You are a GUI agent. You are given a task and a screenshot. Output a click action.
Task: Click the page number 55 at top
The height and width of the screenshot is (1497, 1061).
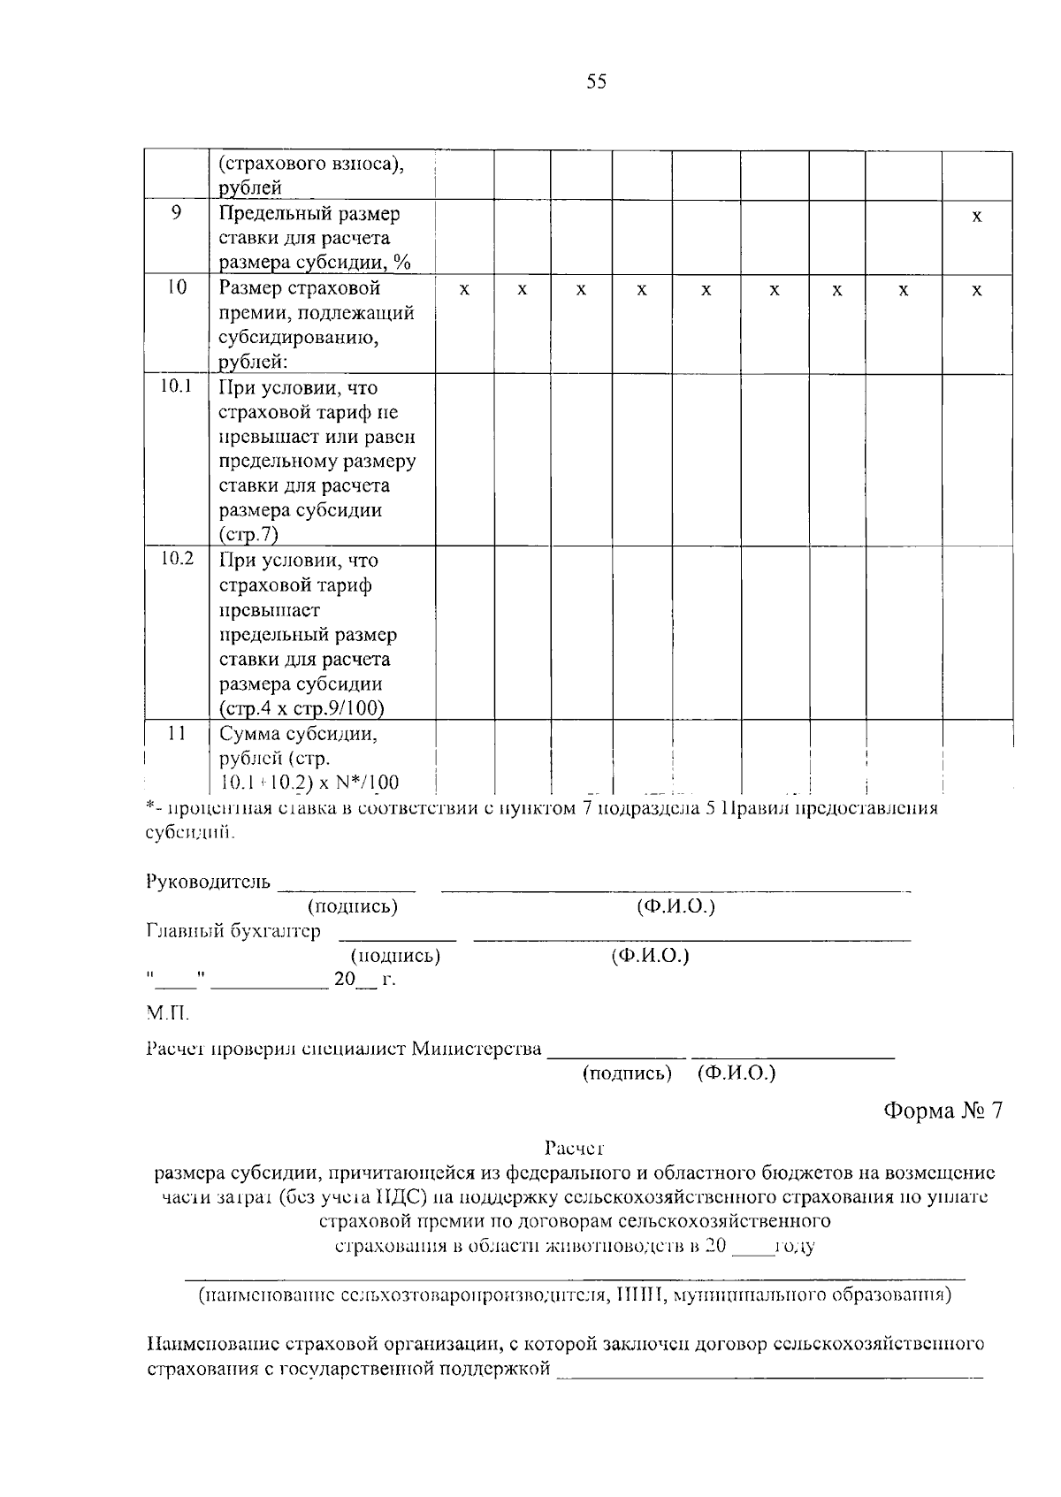tap(596, 82)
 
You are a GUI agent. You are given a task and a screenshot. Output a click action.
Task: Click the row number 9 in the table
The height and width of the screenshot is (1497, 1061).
tap(177, 212)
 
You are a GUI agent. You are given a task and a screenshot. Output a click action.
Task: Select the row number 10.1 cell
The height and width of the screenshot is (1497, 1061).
tap(177, 386)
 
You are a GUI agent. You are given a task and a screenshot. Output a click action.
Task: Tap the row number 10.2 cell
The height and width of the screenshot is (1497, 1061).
tap(177, 559)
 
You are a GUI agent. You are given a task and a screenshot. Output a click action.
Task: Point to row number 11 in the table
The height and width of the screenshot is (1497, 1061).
tap(177, 733)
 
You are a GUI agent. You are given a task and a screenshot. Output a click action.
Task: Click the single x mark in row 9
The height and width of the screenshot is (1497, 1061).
tap(976, 217)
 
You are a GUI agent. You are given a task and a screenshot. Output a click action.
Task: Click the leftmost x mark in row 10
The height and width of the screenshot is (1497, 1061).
tap(464, 290)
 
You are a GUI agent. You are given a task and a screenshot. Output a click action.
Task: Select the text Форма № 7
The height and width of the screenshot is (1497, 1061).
tap(943, 1111)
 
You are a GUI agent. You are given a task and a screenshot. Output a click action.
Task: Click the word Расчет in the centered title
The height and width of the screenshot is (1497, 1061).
tap(574, 1149)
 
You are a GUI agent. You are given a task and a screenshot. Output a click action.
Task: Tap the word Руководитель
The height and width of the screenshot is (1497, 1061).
tap(208, 882)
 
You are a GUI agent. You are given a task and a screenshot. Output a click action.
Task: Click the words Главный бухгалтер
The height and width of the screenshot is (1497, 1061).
tap(233, 931)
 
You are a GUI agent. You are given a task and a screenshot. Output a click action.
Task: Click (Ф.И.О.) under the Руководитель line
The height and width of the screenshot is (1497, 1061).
tap(676, 906)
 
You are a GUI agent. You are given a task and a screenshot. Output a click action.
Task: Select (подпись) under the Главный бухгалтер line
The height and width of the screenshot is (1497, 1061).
tap(395, 956)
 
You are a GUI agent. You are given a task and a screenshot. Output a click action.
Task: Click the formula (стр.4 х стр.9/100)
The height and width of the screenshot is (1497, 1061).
tap(302, 708)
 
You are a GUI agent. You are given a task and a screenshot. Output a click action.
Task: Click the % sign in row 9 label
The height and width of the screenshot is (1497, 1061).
tap(404, 263)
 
